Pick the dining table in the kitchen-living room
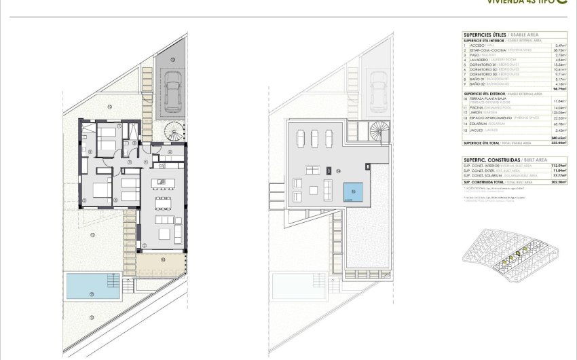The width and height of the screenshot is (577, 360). pyautogui.click(x=162, y=202)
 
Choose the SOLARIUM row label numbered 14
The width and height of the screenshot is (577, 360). pyautogui.click(x=478, y=124)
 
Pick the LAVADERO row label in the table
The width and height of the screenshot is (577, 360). pyautogui.click(x=479, y=60)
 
